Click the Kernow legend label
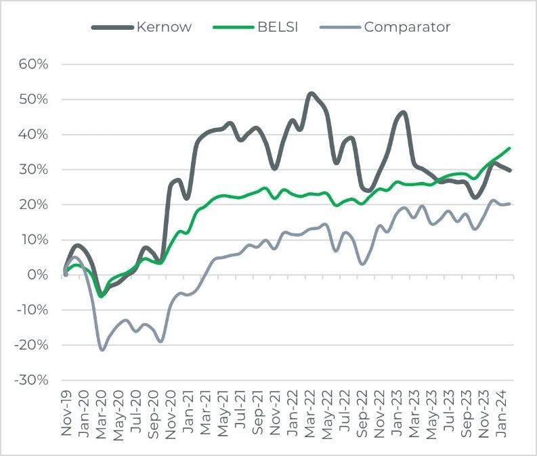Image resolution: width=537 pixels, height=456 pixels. coord(165,28)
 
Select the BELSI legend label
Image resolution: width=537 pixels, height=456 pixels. coord(276,28)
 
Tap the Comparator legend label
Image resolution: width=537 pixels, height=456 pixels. coord(407,28)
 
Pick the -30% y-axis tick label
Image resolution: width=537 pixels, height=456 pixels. coord(31,380)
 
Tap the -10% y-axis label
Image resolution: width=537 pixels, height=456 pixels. coord(31,310)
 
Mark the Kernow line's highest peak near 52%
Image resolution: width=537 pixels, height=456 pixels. coord(311,93)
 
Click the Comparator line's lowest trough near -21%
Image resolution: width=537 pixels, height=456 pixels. coord(102,350)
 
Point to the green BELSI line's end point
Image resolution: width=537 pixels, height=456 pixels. coord(509,148)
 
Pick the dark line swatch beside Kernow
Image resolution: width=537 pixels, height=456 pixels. coord(112,28)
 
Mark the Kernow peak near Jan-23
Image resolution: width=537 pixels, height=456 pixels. coord(403,112)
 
